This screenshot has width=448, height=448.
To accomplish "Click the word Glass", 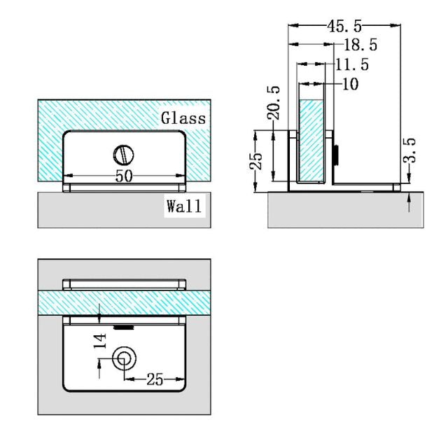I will click(183, 118).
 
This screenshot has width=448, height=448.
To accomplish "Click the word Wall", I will click(183, 206).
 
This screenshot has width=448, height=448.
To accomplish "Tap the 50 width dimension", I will click(124, 176).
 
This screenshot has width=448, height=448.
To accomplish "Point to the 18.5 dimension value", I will click(360, 45).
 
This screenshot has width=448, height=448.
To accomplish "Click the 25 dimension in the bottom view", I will click(155, 379).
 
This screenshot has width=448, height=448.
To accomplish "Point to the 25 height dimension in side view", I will click(258, 160).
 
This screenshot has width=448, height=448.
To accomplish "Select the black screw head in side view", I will click(337, 154).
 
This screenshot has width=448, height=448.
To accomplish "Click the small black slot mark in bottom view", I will click(124, 326).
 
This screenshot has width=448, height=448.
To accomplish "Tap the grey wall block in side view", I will click(346, 209).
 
